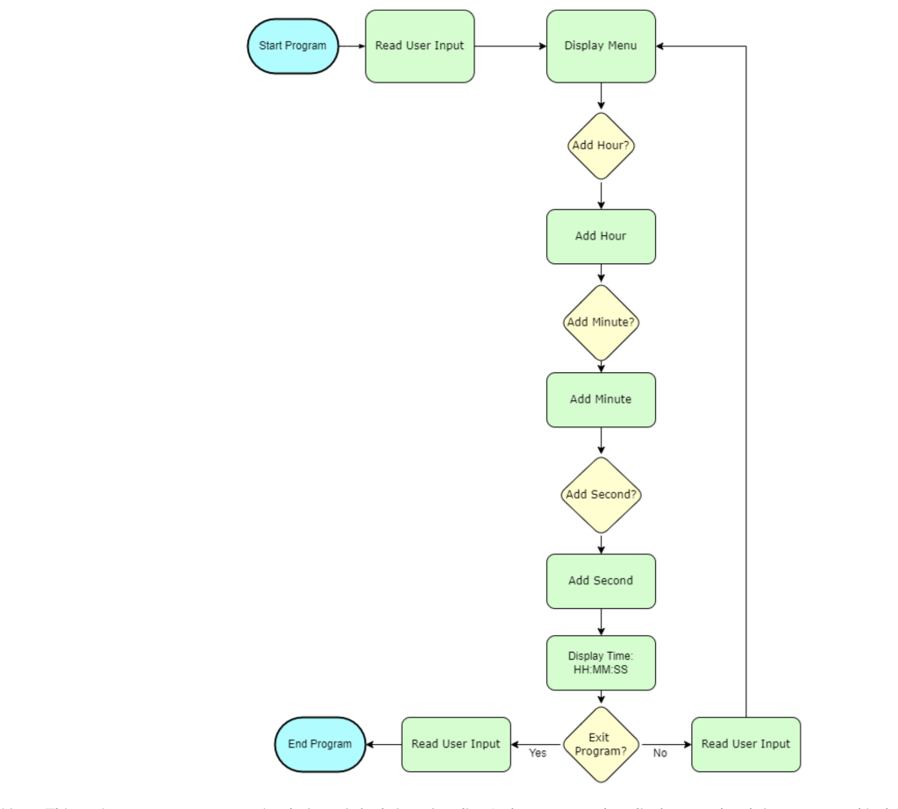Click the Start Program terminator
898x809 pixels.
[x=293, y=46]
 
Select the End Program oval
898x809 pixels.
[x=320, y=744]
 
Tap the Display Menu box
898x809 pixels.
[x=601, y=46]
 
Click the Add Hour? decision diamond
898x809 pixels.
[x=601, y=146]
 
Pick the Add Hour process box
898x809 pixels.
[x=601, y=236]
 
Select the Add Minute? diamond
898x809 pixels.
[x=601, y=322]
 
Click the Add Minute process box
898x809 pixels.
[x=601, y=399]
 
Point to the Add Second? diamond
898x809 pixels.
[x=601, y=495]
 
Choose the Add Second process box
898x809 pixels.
[x=601, y=581]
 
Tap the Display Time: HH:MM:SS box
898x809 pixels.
[x=601, y=662]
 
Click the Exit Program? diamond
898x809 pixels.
[x=601, y=744]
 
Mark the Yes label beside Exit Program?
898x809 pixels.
[x=538, y=753]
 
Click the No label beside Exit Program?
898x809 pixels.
[x=659, y=753]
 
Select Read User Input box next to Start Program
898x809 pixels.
[x=419, y=46]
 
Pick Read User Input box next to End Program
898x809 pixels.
[x=456, y=744]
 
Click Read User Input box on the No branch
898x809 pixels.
[x=745, y=744]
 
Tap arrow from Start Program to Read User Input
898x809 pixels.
[x=352, y=46]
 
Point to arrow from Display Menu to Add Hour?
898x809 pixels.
[x=601, y=97]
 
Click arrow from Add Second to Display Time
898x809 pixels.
[x=601, y=622]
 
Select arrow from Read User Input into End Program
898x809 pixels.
[x=383, y=744]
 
